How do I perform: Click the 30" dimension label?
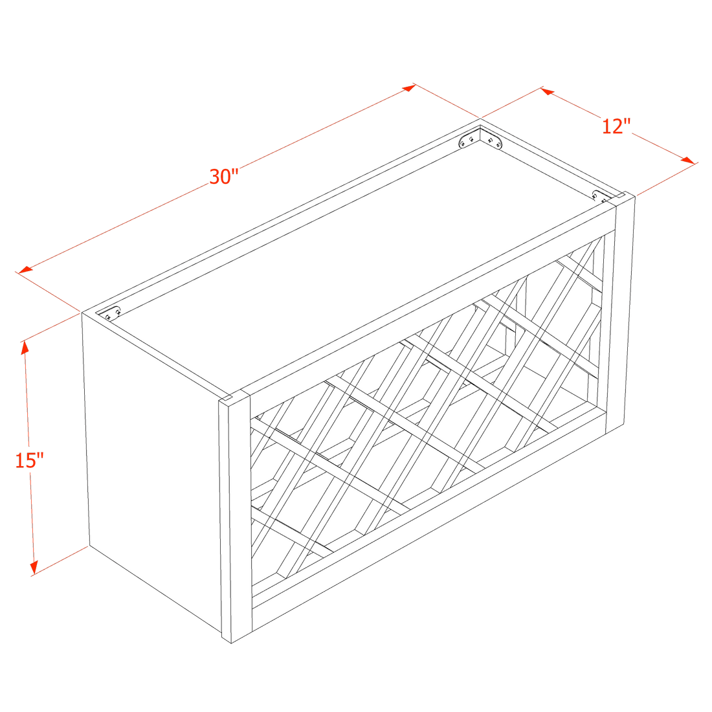click(225, 176)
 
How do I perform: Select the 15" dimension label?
click(30, 461)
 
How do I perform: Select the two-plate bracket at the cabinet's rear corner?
click(480, 140)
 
